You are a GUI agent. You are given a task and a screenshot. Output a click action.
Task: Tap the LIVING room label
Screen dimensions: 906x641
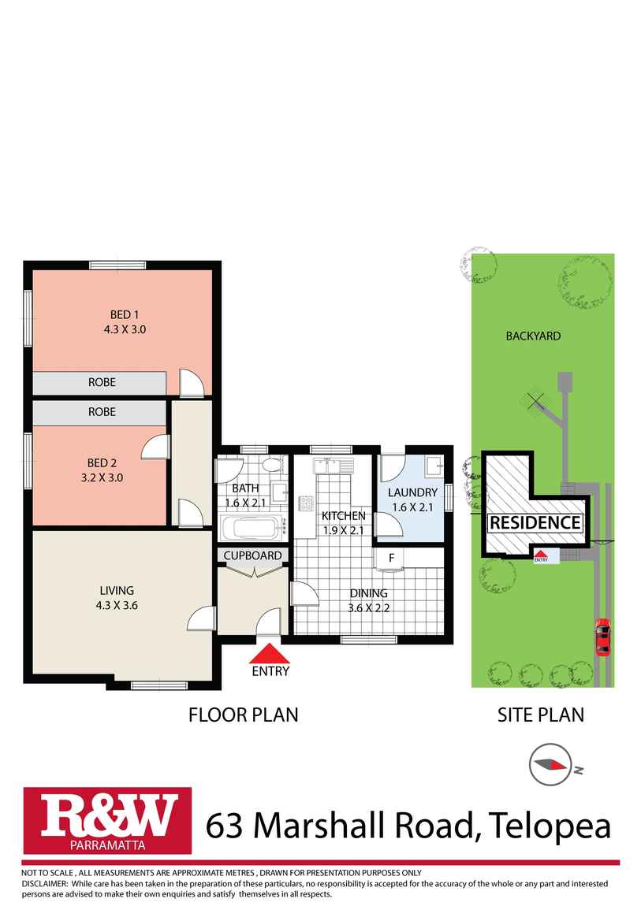117,590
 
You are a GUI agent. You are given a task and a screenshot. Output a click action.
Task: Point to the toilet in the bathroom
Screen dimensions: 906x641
273,465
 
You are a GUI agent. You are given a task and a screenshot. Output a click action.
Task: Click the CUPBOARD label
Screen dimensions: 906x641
252,555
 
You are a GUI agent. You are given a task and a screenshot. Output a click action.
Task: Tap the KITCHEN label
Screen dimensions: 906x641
343,516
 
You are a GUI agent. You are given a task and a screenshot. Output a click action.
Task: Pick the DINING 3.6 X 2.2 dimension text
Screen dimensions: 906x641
369,607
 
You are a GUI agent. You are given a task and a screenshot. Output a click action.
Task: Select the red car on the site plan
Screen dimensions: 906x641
602,637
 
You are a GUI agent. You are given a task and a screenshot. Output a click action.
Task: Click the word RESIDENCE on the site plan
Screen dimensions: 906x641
535,522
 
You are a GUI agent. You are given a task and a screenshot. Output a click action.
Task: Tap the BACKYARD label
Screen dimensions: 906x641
533,336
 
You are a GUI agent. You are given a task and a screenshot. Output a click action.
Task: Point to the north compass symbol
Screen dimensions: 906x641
550,765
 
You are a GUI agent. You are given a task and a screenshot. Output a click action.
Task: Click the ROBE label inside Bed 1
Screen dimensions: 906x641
102,382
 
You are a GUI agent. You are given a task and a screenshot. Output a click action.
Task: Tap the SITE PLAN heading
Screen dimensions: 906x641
540,715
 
